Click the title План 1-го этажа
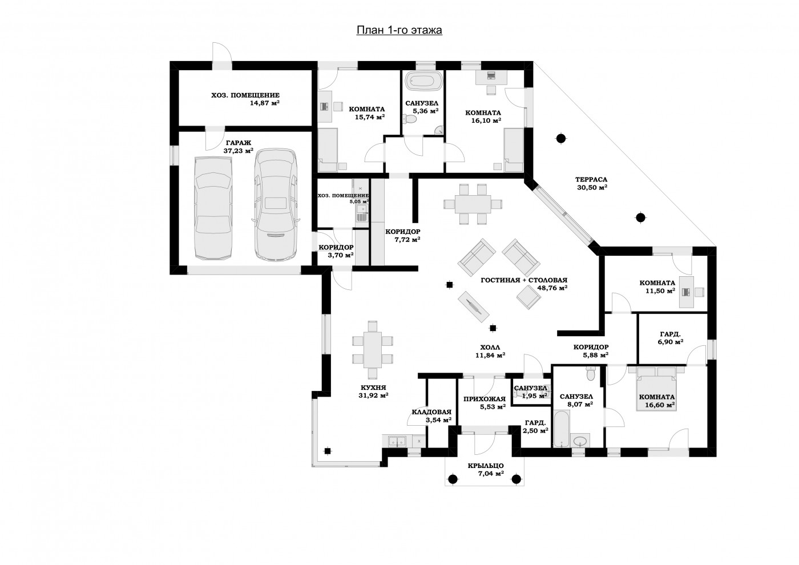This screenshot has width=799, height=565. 399,30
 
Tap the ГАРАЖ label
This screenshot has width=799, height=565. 238,143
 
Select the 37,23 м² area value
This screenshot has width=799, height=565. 239,151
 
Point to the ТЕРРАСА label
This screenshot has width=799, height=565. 591,180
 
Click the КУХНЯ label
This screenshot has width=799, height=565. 373,388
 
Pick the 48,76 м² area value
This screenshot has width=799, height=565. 552,288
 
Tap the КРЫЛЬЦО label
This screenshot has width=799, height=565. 486,466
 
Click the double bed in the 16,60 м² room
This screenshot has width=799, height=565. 656,389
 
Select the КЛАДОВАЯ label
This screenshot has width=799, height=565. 431,412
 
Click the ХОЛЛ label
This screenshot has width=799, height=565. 490,347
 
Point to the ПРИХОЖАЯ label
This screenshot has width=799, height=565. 485,399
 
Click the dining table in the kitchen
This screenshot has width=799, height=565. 372,349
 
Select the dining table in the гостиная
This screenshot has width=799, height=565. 473,204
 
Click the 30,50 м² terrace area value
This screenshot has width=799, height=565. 592,188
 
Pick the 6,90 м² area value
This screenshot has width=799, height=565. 671,342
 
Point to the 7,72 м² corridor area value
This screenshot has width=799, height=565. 407,240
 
